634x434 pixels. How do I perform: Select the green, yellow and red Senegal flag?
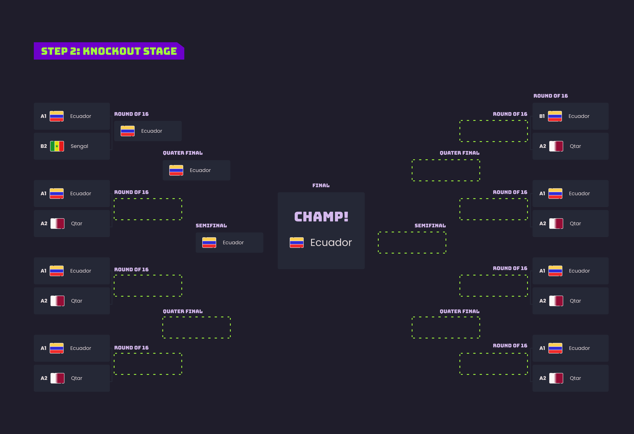point(57,146)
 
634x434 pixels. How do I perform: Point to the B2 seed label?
point(44,146)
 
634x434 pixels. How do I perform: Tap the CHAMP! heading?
point(321,217)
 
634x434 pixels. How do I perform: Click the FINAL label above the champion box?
point(321,186)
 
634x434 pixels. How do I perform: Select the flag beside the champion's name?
point(297,242)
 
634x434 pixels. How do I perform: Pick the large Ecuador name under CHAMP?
point(331,242)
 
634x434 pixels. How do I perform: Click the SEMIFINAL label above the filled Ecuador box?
point(211,226)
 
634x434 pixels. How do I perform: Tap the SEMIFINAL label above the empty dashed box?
point(430,226)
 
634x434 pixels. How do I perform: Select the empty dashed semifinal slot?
point(412,242)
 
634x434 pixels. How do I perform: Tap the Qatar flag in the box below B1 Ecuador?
point(556,146)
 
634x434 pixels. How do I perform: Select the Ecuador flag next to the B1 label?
point(555,116)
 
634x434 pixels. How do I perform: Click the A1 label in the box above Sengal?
point(43,116)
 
